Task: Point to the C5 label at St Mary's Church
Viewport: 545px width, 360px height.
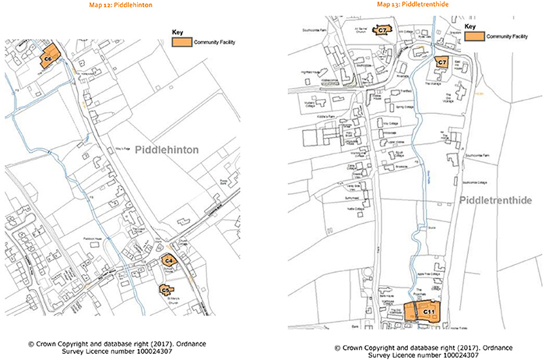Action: point(164,290)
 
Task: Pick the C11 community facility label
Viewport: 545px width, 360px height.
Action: point(430,312)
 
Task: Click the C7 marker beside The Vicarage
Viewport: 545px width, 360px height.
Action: point(441,63)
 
